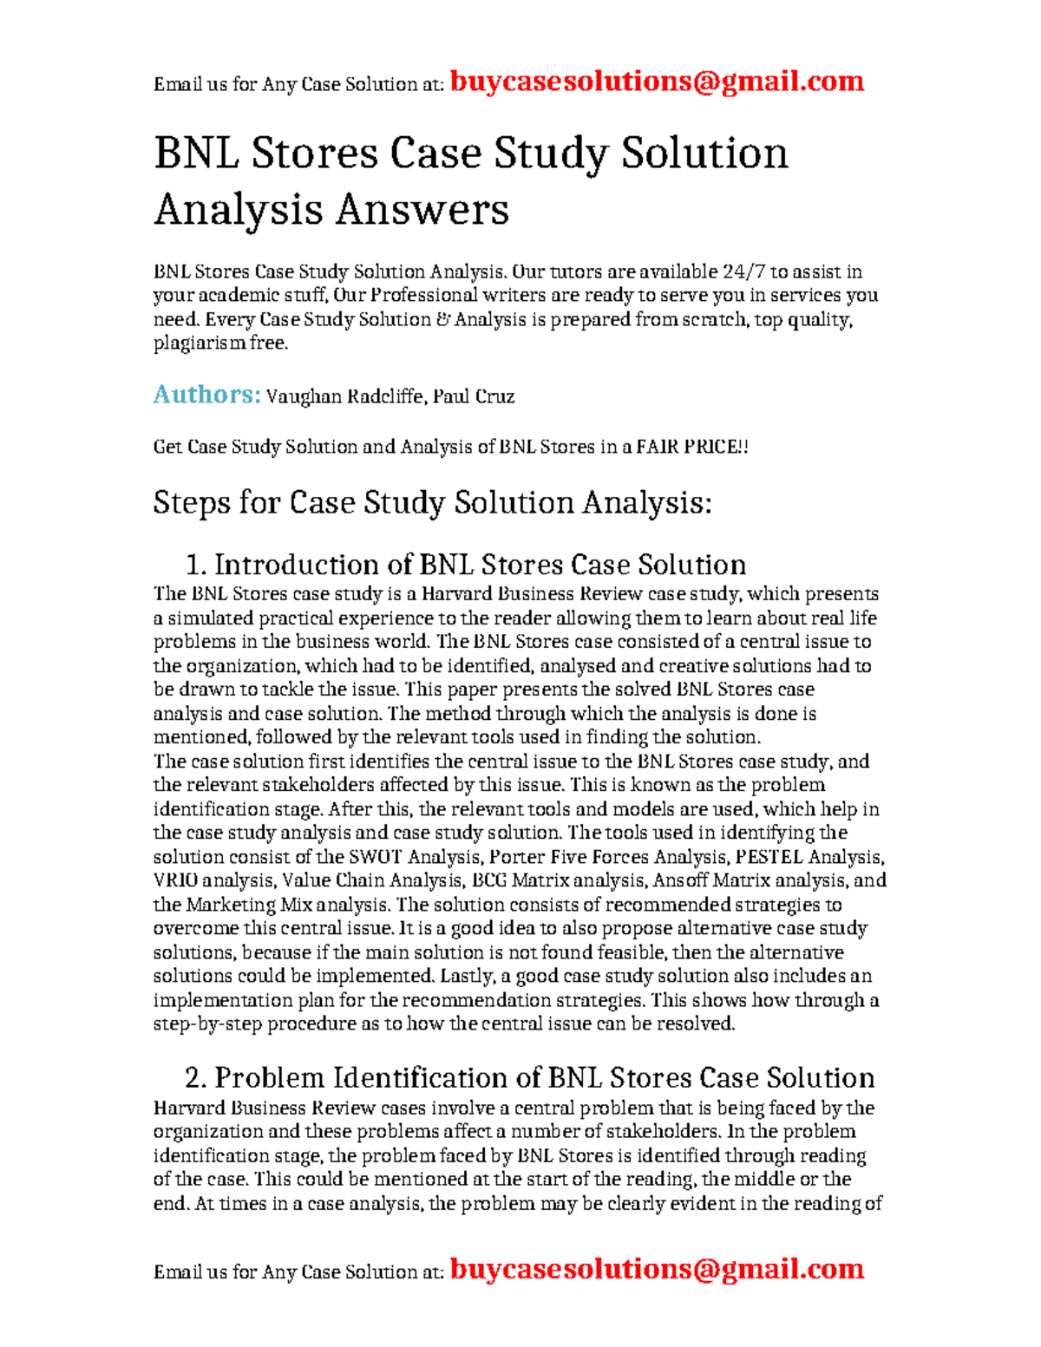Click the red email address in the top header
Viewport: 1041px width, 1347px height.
(657, 82)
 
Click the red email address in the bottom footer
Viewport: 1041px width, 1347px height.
(657, 1269)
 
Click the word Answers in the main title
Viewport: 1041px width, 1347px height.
(422, 210)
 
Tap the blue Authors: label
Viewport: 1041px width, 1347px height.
(206, 395)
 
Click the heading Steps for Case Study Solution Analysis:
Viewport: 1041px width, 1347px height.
(432, 502)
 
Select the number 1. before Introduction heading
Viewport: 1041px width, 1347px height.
(196, 566)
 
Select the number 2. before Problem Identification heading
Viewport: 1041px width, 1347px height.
(196, 1078)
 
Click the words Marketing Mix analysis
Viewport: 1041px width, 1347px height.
(287, 905)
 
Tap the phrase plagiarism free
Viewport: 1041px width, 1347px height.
(219, 343)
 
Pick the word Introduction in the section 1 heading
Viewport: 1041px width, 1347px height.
(300, 566)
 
